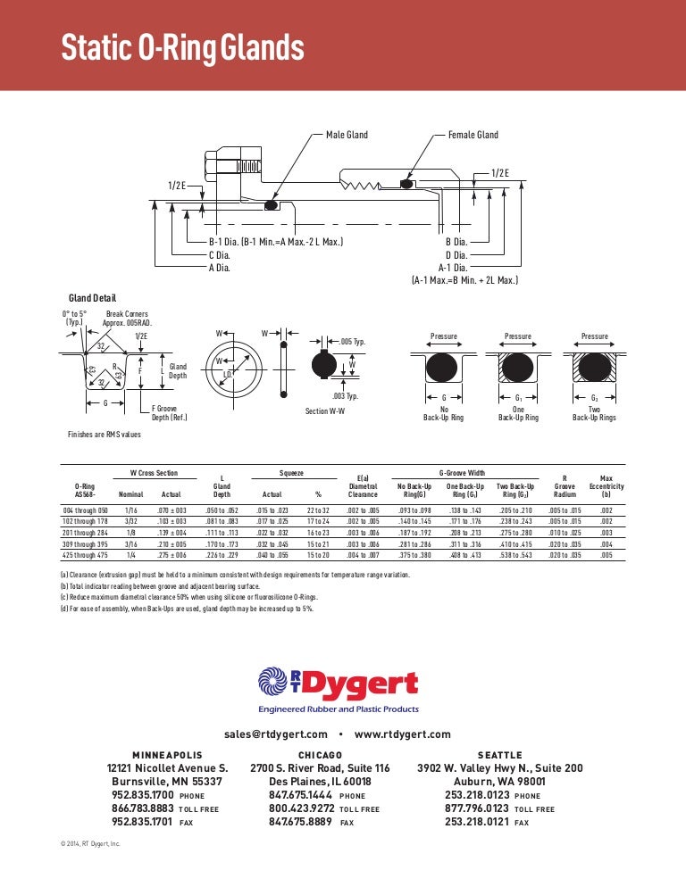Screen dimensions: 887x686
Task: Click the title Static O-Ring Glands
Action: click(x=182, y=47)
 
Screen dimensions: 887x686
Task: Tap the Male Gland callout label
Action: click(x=347, y=135)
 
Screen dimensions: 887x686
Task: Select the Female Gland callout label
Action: click(x=473, y=135)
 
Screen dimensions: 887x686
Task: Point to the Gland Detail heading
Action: click(x=92, y=298)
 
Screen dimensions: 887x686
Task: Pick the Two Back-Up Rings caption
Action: click(x=594, y=412)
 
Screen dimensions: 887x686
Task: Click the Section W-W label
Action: click(x=326, y=411)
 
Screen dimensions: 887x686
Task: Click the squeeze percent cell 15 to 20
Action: click(x=318, y=556)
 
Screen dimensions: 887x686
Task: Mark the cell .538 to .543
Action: click(x=515, y=556)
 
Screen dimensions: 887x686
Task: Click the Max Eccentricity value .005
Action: click(x=607, y=556)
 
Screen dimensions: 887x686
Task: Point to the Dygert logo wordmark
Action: click(x=362, y=684)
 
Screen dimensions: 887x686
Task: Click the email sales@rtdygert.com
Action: click(x=276, y=734)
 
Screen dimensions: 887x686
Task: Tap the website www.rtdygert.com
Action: click(x=402, y=734)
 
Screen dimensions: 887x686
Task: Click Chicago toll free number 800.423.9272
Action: click(x=301, y=808)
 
